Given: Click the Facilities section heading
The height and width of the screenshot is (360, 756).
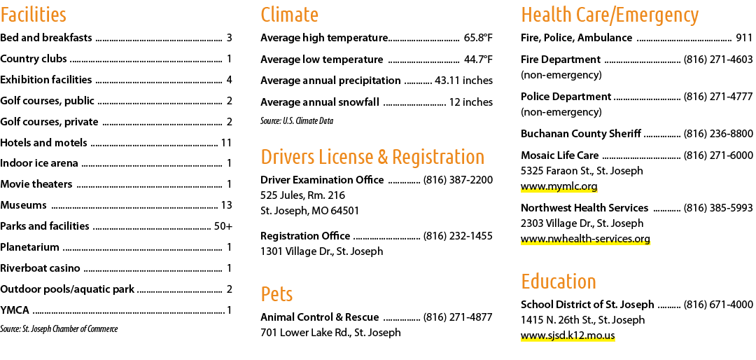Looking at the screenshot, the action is point(34,15).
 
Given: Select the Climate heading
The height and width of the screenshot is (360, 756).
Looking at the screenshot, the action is point(289,15).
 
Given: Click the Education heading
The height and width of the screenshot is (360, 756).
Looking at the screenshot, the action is point(559,282).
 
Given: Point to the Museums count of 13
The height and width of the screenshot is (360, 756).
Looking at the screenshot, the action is point(226,205).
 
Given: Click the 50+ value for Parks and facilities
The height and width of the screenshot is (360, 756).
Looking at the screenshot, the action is point(223,226).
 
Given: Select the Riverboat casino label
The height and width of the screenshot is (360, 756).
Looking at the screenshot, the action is point(40,268).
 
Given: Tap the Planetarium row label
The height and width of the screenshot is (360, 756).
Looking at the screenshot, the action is point(29,247).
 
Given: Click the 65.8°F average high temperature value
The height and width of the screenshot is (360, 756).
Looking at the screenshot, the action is point(478,38).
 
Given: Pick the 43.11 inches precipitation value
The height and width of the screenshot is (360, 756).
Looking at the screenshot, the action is point(463,81).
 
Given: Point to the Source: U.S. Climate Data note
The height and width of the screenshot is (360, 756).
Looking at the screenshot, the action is point(297,120).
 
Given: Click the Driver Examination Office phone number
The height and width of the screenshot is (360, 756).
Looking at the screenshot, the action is point(458,180).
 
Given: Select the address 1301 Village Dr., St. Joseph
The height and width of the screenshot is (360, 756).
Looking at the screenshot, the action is point(321,251).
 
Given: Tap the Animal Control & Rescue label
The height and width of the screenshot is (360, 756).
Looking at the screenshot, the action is point(319,317).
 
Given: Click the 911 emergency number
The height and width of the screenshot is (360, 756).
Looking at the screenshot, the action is point(744,38).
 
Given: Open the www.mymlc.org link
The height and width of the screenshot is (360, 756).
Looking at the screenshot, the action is point(559,186).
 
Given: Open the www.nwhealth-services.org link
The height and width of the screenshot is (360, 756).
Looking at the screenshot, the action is point(585,239).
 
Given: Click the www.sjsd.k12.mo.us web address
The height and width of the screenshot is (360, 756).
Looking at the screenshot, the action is point(568,335).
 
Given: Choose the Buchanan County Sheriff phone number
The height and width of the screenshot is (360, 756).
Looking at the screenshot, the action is point(718,134).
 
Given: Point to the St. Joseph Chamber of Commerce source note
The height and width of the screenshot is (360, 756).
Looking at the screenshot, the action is point(59,329).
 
